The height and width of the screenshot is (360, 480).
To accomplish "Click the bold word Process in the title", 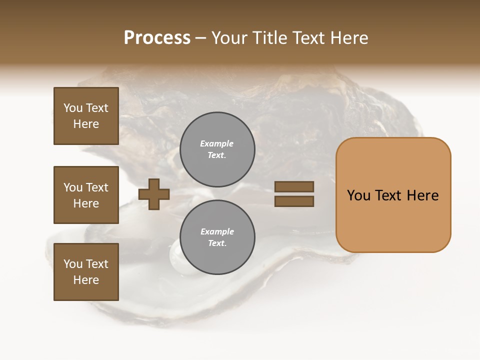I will click(x=157, y=38).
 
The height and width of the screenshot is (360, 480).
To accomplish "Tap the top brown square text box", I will click(x=86, y=116).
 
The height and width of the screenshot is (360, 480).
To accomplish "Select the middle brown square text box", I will click(x=86, y=195).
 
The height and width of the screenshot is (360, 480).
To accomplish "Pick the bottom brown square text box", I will click(x=86, y=272).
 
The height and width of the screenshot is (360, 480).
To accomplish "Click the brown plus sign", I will click(x=154, y=193).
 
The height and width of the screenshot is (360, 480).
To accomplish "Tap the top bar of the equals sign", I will click(x=294, y=186).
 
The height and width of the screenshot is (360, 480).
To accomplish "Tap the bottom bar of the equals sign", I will click(x=294, y=201).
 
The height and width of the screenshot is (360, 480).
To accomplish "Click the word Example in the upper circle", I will click(x=217, y=143).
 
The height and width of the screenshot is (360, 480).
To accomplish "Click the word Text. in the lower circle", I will click(x=217, y=243).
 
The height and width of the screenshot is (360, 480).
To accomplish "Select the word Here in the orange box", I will click(x=422, y=195).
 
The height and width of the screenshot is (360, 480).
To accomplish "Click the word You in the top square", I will click(x=73, y=108).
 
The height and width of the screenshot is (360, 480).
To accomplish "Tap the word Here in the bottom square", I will click(x=86, y=280).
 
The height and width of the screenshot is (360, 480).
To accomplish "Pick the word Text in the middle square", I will click(x=97, y=187).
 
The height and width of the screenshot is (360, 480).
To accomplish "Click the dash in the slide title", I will click(x=201, y=38).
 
